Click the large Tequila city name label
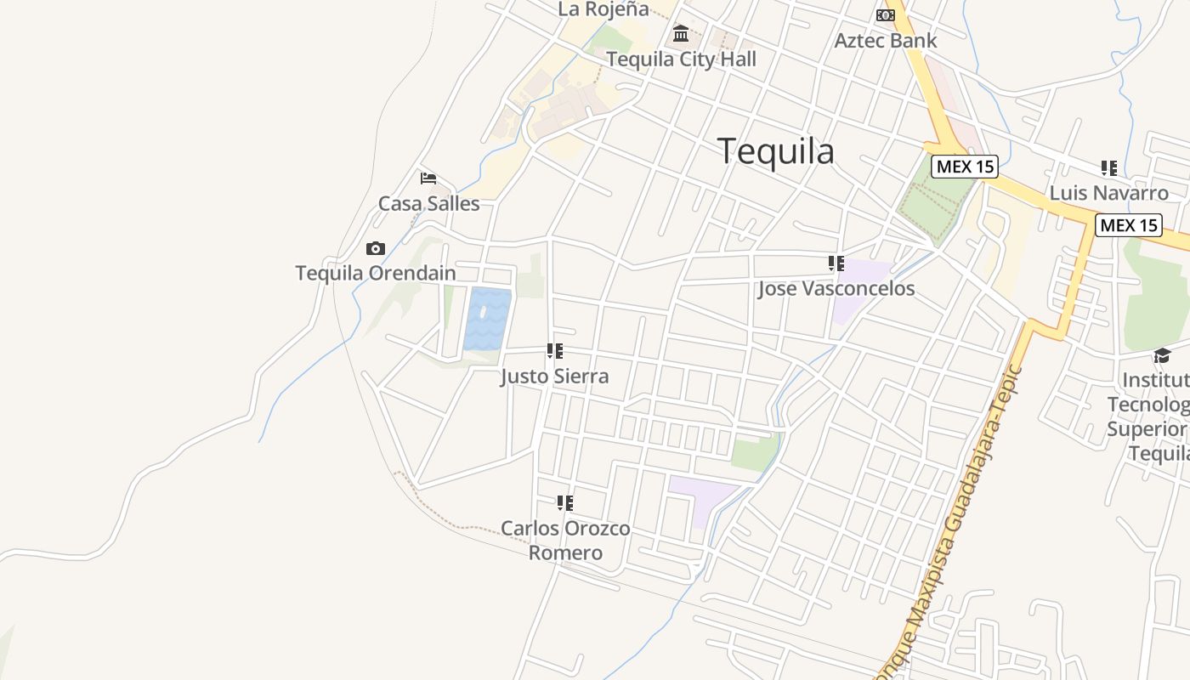776,151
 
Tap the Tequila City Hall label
681,59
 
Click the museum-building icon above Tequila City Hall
681,34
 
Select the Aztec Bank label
886,40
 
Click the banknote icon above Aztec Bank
886,15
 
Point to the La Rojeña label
603,9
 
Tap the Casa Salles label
428,204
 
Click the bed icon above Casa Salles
428,178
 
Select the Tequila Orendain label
375,274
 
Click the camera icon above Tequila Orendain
375,249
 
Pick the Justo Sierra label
554,377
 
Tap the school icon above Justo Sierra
555,351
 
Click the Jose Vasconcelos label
836,289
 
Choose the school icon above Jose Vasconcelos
836,263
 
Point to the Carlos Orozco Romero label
565,541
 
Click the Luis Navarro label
1108,193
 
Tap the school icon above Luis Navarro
1108,168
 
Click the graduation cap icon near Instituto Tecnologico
1162,355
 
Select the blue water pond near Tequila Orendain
487,319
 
